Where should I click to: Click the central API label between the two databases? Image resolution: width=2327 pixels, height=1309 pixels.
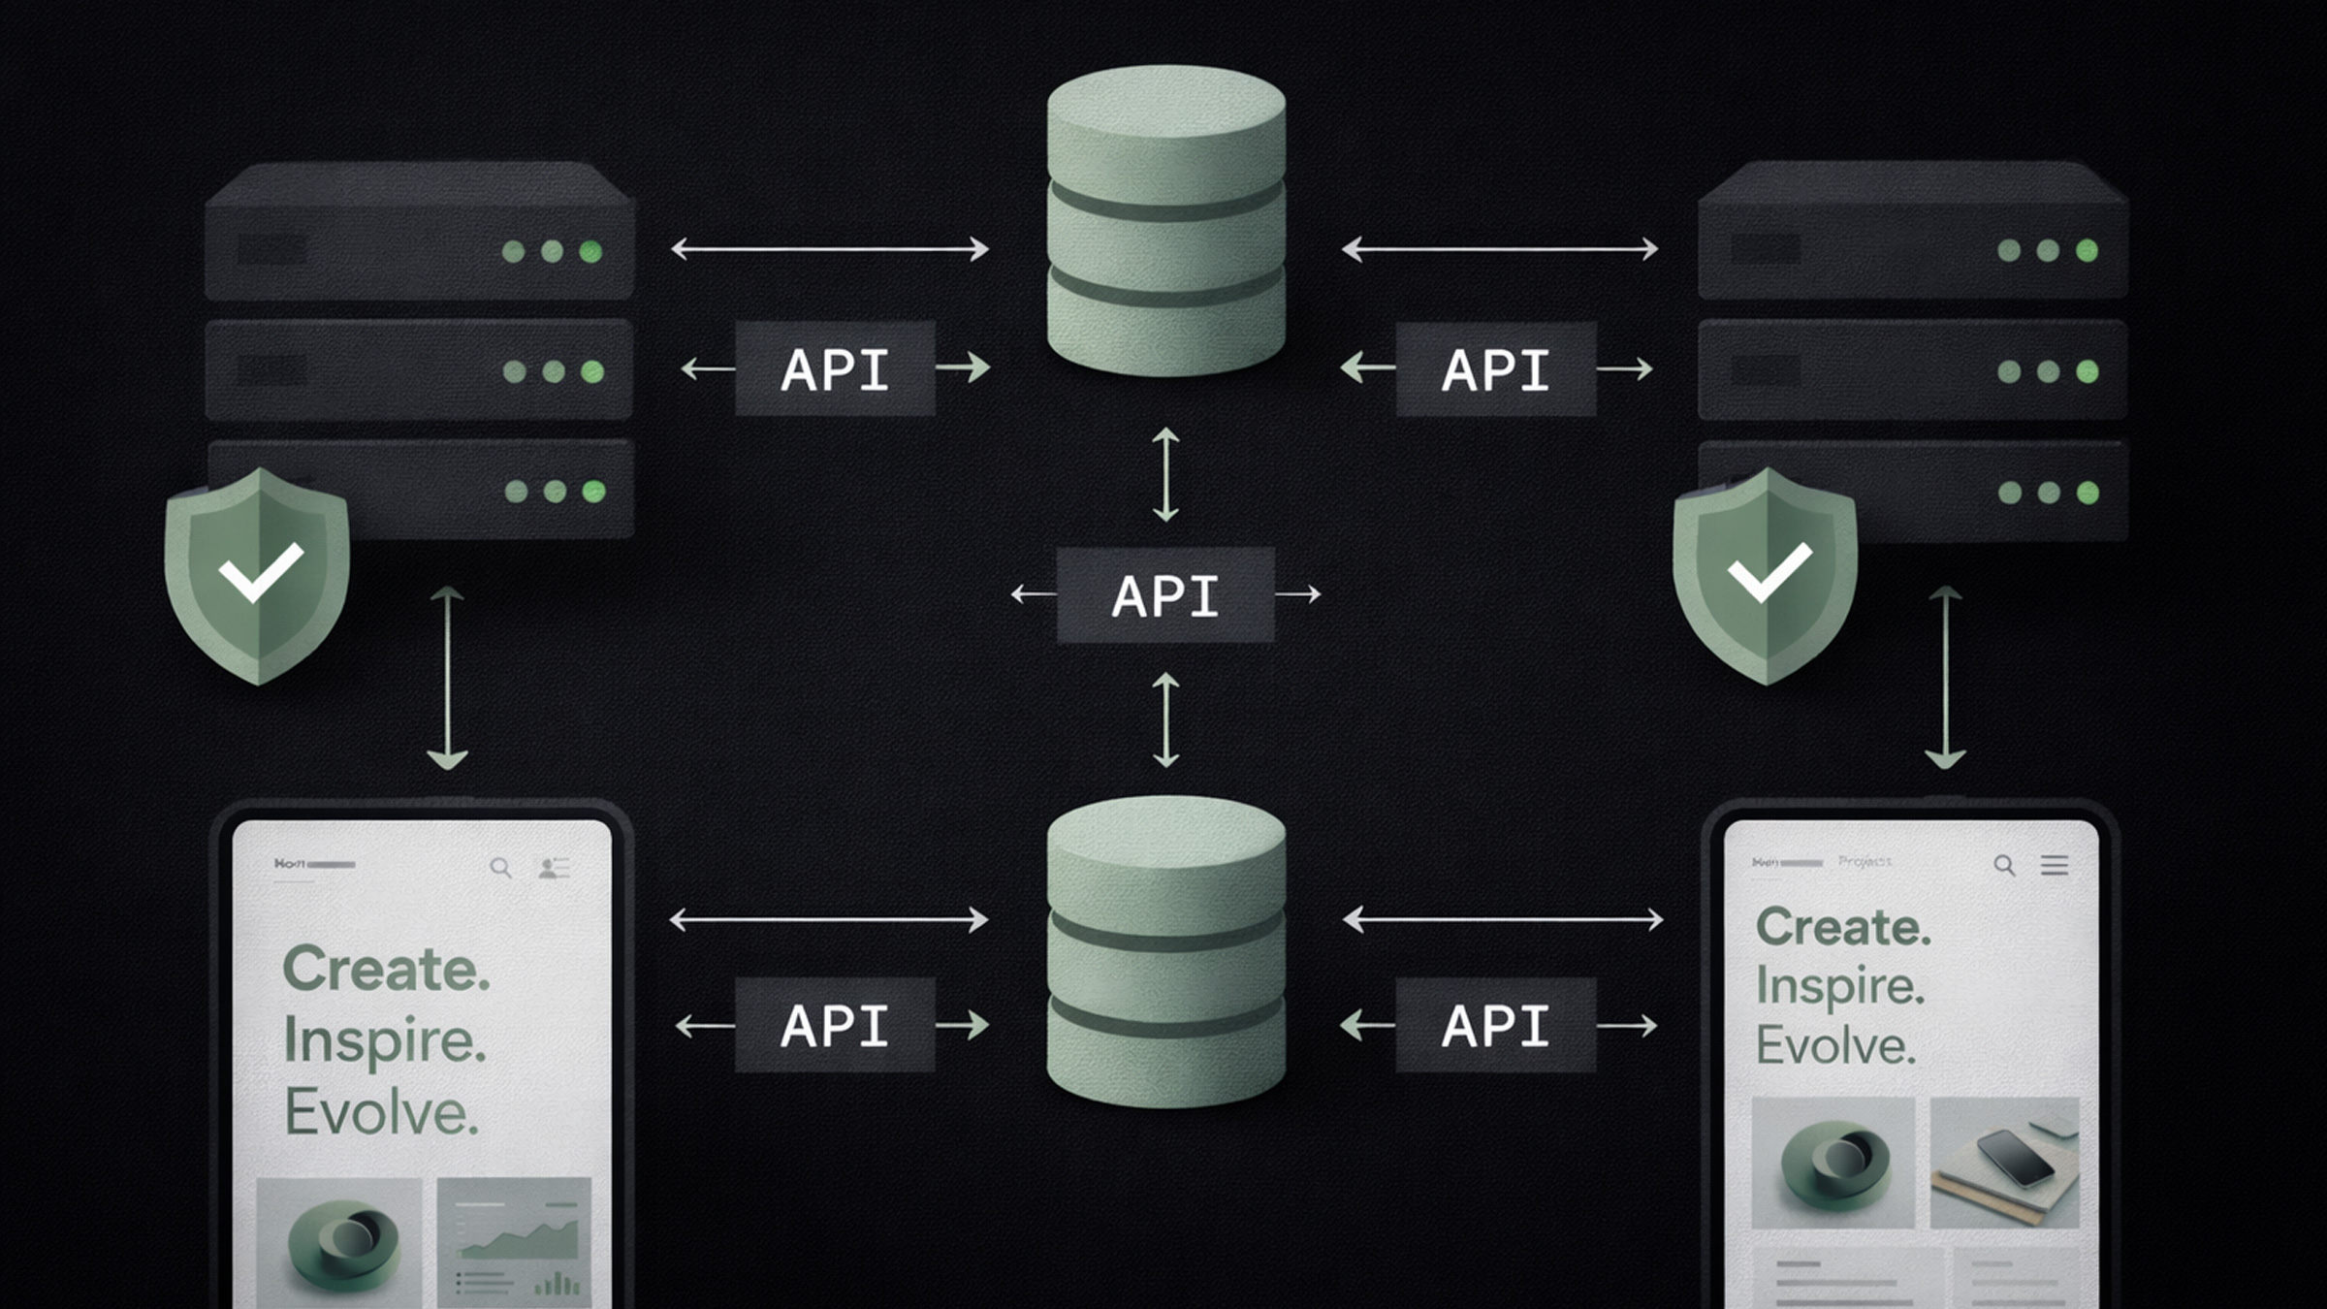[x=1164, y=595]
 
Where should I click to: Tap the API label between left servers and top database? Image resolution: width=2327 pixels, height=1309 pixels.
[x=835, y=368]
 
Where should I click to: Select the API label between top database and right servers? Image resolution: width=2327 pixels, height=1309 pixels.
[x=1495, y=369]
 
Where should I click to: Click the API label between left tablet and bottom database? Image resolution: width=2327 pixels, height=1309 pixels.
[x=835, y=1025]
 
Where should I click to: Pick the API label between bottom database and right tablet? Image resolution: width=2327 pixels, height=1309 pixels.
[x=1495, y=1025]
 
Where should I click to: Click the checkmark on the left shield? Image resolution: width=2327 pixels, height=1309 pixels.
[x=260, y=571]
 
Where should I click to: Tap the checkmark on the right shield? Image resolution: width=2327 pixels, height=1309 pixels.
[x=1769, y=571]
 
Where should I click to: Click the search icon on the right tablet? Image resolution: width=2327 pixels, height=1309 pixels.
[x=2003, y=865]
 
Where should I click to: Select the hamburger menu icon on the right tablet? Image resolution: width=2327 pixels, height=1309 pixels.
[x=2054, y=865]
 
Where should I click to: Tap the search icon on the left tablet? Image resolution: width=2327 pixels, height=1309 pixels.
[x=500, y=867]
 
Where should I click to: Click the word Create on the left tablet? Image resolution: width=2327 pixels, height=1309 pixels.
[x=385, y=969]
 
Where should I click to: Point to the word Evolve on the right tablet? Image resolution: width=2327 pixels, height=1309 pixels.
[x=1835, y=1046]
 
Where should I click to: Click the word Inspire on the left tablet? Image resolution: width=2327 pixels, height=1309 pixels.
[x=384, y=1041]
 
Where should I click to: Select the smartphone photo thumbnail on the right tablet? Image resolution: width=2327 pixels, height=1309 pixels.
[x=2004, y=1162]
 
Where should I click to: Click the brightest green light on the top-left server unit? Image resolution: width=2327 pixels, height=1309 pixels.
[x=590, y=252]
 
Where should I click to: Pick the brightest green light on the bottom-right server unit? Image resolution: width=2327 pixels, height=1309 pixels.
[x=2088, y=493]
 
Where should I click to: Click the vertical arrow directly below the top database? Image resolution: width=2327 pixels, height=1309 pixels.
[x=1165, y=475]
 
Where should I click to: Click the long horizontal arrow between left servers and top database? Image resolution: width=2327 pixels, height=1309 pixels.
[x=829, y=249]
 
